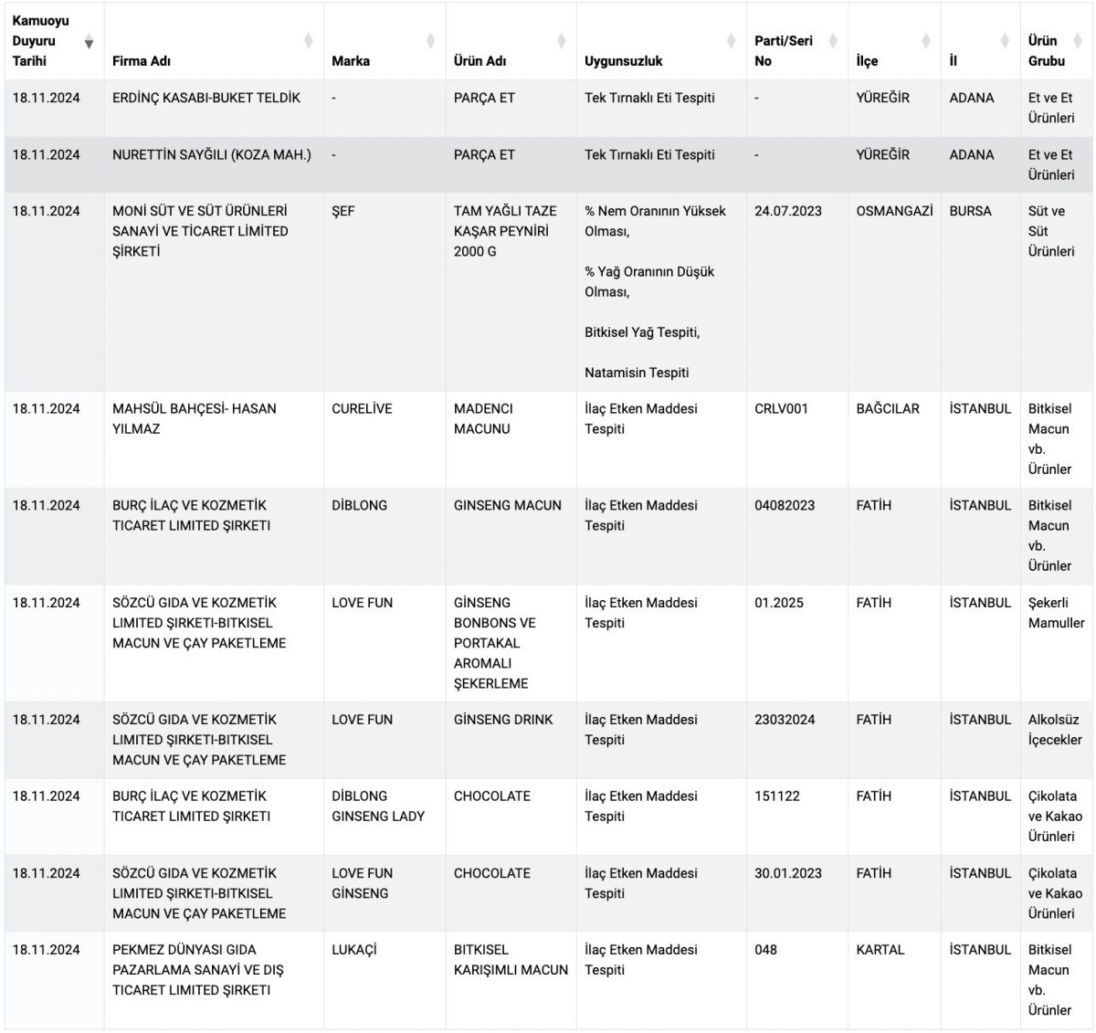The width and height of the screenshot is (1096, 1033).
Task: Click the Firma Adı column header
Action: [142, 61]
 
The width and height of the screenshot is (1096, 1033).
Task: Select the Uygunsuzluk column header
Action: [624, 61]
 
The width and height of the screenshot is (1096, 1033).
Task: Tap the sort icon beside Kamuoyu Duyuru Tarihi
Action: [89, 43]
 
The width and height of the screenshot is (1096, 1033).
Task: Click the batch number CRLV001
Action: [781, 409]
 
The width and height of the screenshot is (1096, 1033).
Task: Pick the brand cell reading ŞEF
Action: [343, 211]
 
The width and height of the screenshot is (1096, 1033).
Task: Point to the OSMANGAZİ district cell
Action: [894, 211]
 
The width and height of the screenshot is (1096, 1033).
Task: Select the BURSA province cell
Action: [970, 211]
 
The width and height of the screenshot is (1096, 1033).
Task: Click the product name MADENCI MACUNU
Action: [483, 419]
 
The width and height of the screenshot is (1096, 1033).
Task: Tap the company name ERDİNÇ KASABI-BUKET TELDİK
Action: [206, 98]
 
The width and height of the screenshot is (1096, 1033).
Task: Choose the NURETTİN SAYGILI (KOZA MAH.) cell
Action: [212, 155]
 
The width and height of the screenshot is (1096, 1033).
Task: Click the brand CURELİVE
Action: [362, 409]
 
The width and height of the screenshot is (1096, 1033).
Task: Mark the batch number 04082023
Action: [785, 505]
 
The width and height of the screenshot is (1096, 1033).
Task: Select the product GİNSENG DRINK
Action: [503, 720]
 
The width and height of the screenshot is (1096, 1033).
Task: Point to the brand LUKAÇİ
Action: [354, 950]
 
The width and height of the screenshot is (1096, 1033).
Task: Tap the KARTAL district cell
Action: [880, 950]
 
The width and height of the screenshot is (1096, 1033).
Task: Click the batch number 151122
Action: [777, 796]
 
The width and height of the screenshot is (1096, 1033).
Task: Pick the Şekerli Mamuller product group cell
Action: [1056, 613]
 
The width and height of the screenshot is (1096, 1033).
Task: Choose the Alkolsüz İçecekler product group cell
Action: [1055, 730]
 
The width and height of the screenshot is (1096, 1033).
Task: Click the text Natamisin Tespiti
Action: [637, 373]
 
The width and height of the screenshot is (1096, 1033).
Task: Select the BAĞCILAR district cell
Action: [888, 409]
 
